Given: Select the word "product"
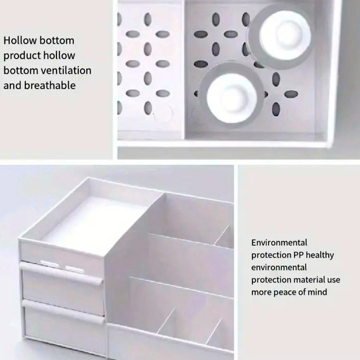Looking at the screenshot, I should pyautogui.click(x=21, y=55).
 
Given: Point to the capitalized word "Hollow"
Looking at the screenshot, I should pyautogui.click(x=20, y=40).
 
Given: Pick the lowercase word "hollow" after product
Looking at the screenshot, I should pyautogui.click(x=59, y=55).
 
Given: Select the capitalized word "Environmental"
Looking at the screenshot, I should pyautogui.click(x=279, y=243).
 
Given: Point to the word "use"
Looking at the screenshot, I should pyautogui.click(x=333, y=280).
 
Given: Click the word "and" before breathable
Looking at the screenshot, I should pyautogui.click(x=13, y=85).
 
